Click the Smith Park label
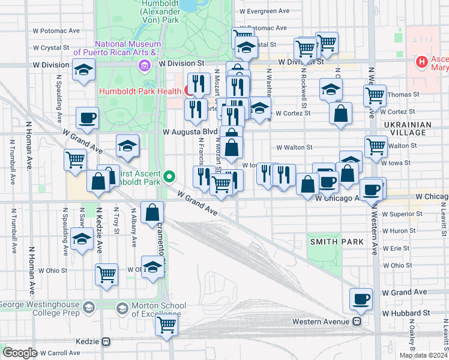click(337, 241)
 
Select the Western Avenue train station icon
click(357, 321)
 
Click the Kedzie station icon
click(106, 341)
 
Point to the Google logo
click(20, 353)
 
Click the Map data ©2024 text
click(423, 355)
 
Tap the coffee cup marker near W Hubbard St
click(361, 298)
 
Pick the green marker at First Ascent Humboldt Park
click(170, 176)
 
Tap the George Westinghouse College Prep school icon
click(89, 308)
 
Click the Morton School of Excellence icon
click(122, 308)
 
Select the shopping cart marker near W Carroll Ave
click(166, 324)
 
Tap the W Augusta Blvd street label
click(190, 131)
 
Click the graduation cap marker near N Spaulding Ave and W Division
click(83, 69)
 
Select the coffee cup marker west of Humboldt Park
click(88, 117)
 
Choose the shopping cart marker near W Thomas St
click(375, 94)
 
